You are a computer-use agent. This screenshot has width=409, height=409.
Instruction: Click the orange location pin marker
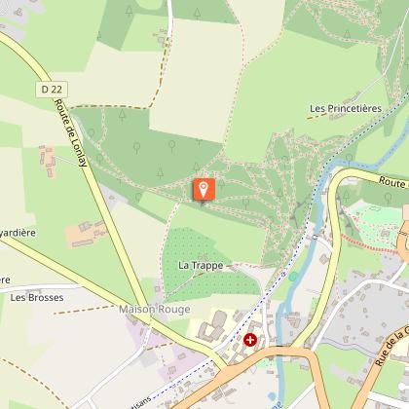coord(204,189)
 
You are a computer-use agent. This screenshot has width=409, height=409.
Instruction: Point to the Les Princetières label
coord(345,108)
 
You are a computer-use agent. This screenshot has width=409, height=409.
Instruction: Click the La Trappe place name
coord(201,265)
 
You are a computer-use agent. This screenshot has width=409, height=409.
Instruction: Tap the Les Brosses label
coord(30,297)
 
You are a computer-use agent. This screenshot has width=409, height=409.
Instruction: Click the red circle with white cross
coord(250,340)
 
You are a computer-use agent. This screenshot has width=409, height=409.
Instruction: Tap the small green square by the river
coord(292,277)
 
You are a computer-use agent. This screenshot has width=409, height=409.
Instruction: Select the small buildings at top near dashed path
coord(162,38)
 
